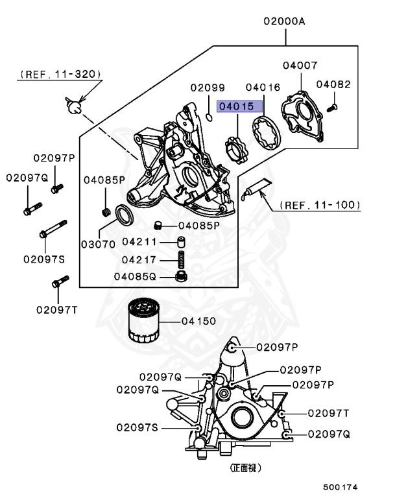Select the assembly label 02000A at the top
[x=283, y=21]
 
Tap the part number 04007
[x=300, y=65]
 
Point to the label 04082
[x=333, y=84]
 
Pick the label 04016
[x=263, y=87]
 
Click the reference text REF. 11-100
[x=320, y=205]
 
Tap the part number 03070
[x=98, y=244]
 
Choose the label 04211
[x=139, y=242]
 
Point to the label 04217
[x=139, y=259]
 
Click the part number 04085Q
[x=135, y=276]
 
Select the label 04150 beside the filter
[x=198, y=320]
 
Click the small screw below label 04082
[x=331, y=104]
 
